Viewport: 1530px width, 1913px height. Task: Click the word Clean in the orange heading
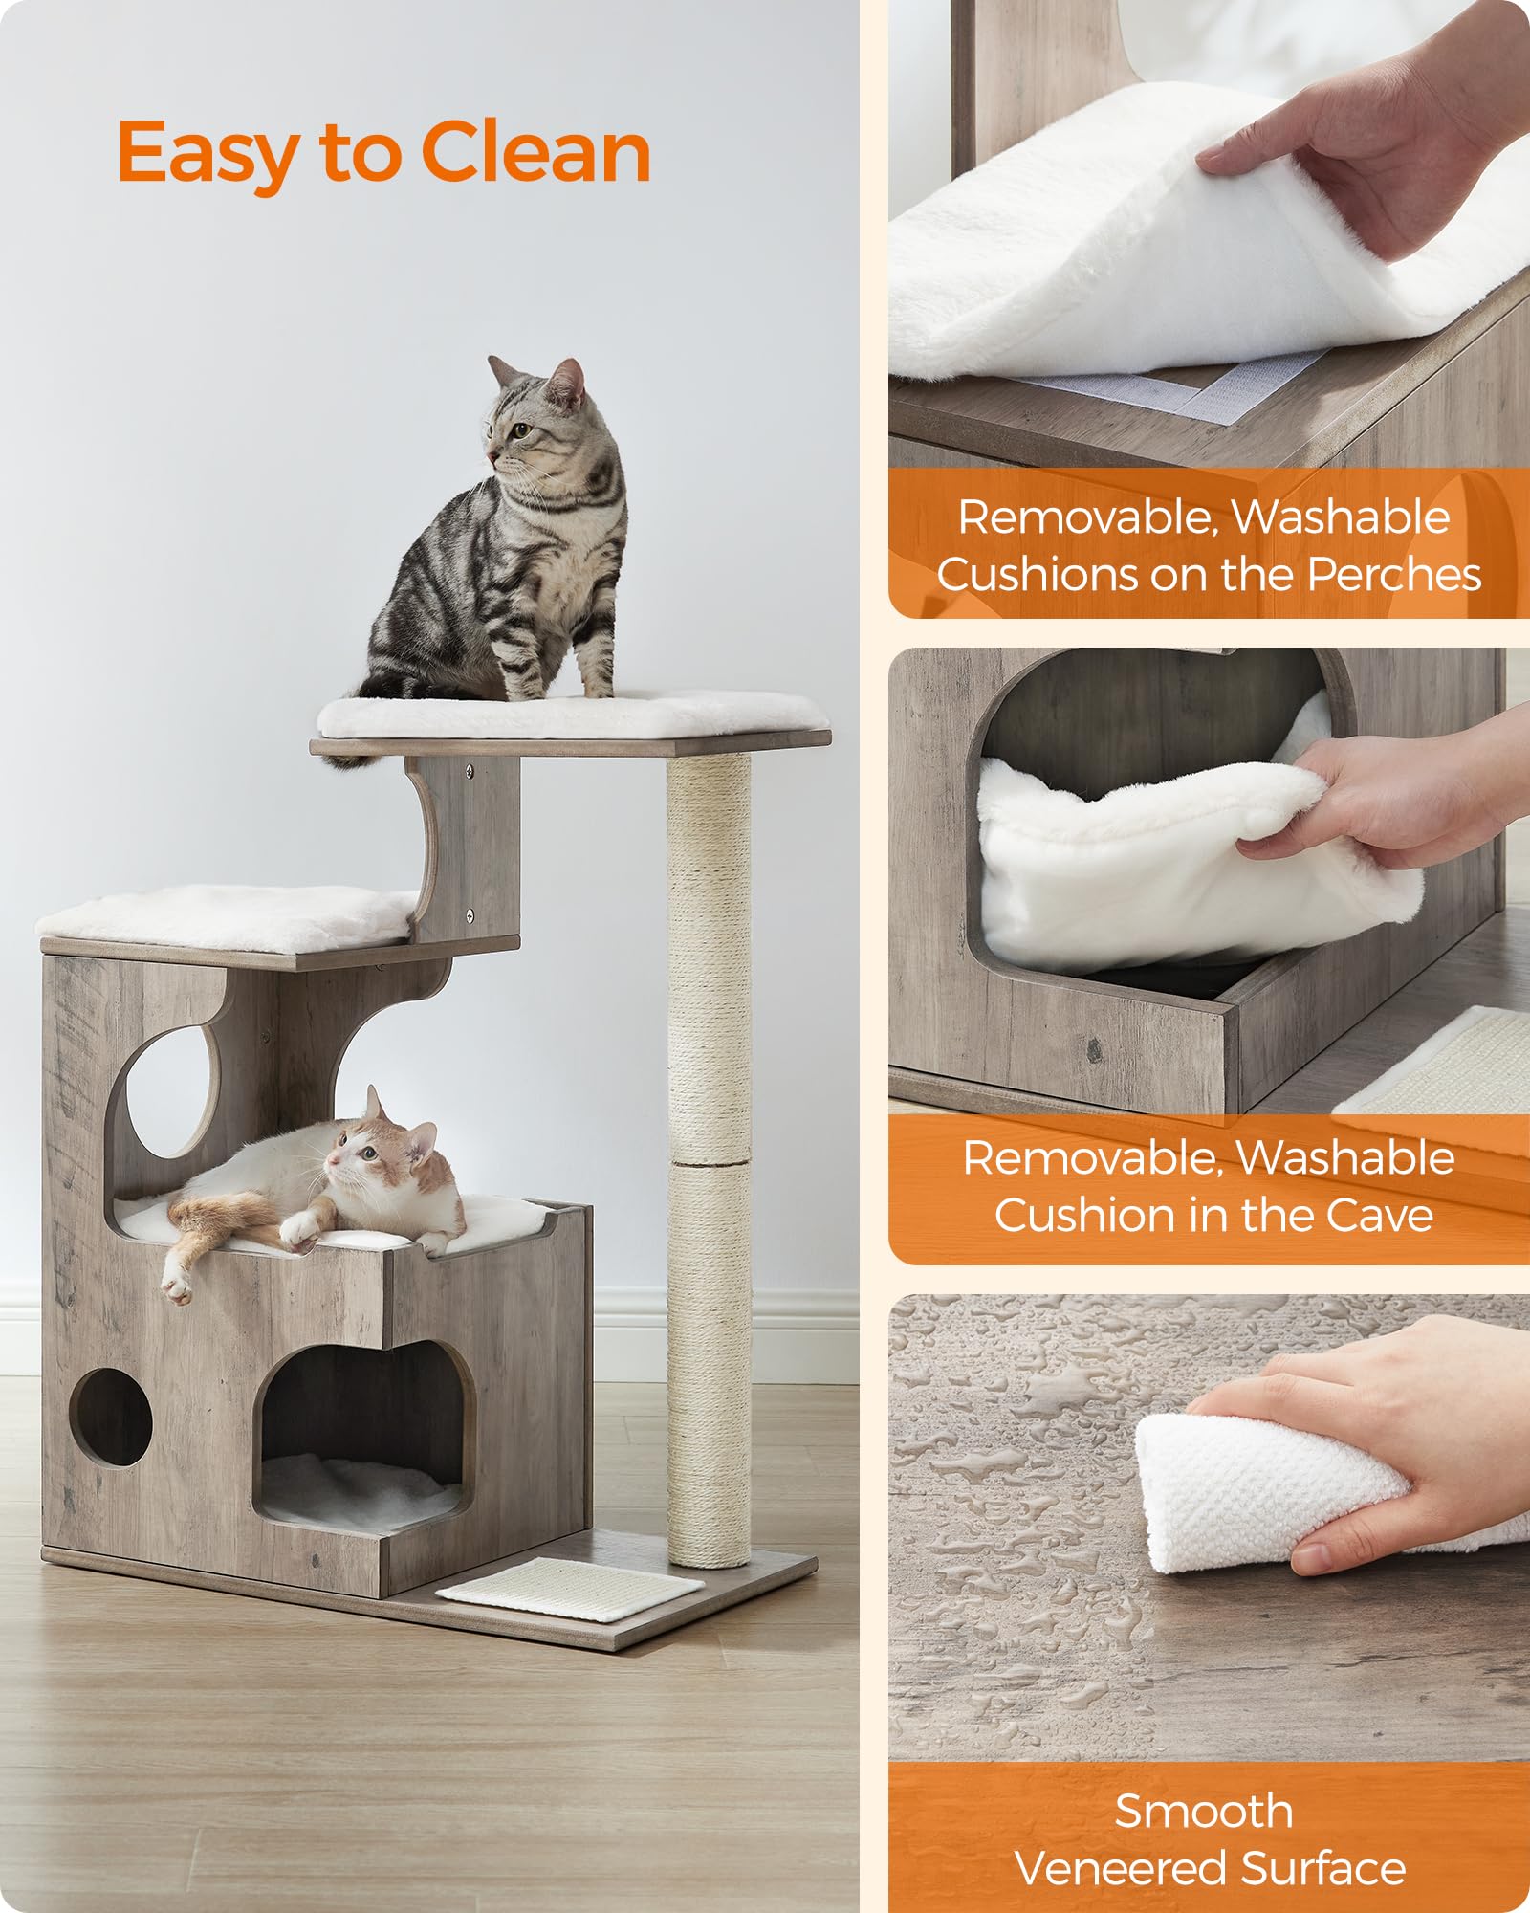click(x=535, y=153)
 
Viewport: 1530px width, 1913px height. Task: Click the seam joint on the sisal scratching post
click(x=709, y=1163)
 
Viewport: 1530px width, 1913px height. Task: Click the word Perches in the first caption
click(x=1394, y=574)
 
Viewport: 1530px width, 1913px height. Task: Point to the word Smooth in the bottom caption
click(x=1204, y=1810)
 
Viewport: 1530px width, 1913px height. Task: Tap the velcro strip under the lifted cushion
click(x=1195, y=397)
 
